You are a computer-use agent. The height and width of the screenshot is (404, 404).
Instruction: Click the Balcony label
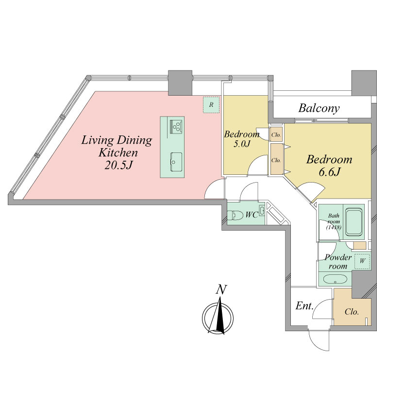pyautogui.click(x=319, y=108)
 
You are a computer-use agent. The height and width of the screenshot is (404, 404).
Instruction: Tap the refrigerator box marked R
pyautogui.click(x=211, y=104)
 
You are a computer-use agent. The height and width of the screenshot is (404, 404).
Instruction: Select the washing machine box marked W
pyautogui.click(x=362, y=261)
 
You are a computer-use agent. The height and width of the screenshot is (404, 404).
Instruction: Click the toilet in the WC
pyautogui.click(x=235, y=215)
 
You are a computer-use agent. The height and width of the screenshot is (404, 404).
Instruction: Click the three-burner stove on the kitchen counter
pyautogui.click(x=176, y=126)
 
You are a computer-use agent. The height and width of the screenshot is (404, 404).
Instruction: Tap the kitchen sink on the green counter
pyautogui.click(x=176, y=162)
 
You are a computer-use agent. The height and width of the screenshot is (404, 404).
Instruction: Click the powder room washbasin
pyautogui.click(x=336, y=279)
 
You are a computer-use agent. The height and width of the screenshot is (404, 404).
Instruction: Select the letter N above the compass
pyautogui.click(x=221, y=289)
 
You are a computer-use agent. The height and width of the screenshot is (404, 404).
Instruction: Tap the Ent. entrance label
pyautogui.click(x=304, y=306)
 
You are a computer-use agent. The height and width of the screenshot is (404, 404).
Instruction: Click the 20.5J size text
pyautogui.click(x=118, y=166)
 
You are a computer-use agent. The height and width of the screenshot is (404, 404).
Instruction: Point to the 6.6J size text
pyautogui.click(x=330, y=172)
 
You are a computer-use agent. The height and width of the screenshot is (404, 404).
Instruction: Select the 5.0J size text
pyautogui.click(x=242, y=144)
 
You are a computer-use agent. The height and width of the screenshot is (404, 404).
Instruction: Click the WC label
pyautogui.click(x=252, y=215)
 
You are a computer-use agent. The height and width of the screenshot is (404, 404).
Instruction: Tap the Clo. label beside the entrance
pyautogui.click(x=352, y=312)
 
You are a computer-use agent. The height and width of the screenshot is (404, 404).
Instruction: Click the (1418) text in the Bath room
pyautogui.click(x=334, y=228)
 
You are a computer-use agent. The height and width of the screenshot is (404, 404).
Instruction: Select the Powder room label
pyautogui.click(x=338, y=262)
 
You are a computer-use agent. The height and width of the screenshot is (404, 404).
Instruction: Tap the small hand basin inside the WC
pyautogui.click(x=262, y=211)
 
